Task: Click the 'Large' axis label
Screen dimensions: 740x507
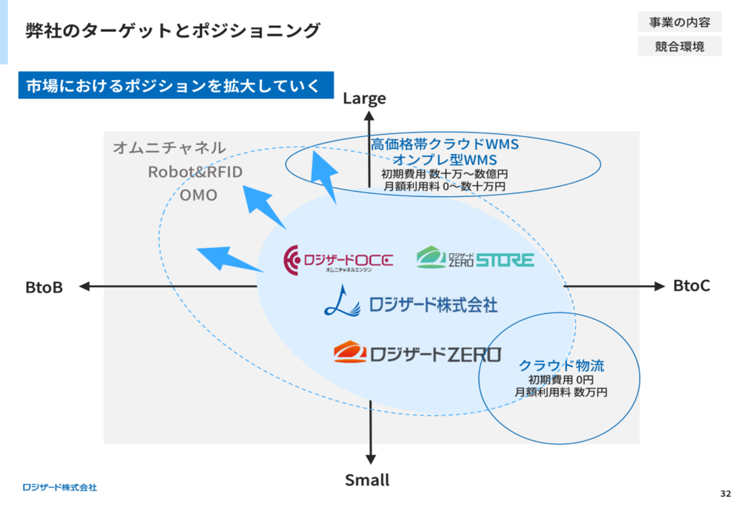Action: tap(364, 98)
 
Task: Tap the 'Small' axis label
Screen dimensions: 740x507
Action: tap(367, 480)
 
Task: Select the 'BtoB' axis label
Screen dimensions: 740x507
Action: tap(44, 287)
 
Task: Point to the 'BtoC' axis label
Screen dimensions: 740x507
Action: tap(691, 286)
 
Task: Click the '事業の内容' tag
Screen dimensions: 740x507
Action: tap(679, 22)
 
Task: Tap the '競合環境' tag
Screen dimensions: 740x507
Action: tap(679, 47)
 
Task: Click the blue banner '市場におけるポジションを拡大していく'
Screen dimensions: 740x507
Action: tap(176, 85)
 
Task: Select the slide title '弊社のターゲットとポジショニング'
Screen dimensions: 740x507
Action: tap(173, 30)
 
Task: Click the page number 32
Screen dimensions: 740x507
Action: tap(725, 494)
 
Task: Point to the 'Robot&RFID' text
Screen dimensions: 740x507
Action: tap(195, 172)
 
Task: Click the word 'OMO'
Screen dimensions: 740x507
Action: tap(198, 195)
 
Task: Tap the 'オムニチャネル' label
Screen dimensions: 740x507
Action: tap(169, 148)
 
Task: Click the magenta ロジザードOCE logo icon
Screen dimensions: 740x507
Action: tap(291, 260)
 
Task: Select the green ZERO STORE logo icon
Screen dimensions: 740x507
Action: tap(431, 258)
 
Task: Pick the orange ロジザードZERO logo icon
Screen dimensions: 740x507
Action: tap(350, 352)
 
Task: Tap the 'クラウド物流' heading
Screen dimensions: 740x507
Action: tap(561, 366)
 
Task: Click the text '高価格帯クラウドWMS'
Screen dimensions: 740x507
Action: tap(445, 144)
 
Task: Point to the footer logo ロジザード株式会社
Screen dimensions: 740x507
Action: tap(60, 487)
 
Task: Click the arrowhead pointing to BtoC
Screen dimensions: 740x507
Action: tap(659, 286)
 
